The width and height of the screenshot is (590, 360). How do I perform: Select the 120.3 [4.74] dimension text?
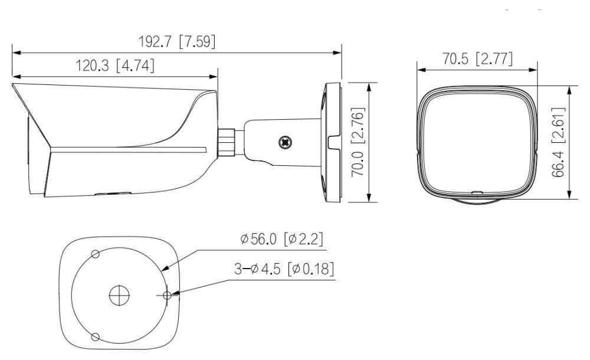tap(115, 66)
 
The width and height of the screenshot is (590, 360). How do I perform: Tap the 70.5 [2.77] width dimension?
tap(477, 58)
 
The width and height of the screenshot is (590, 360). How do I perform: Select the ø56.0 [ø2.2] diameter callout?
tap(281, 239)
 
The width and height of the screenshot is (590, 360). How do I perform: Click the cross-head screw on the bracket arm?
tap(285, 142)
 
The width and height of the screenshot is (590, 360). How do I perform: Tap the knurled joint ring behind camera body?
tap(226, 142)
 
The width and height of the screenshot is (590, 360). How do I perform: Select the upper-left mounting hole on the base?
tap(94, 254)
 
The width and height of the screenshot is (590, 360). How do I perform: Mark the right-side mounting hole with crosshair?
tap(166, 294)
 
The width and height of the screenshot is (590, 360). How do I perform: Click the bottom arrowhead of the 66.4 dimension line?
tap(569, 199)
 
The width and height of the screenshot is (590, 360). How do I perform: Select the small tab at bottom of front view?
tap(477, 192)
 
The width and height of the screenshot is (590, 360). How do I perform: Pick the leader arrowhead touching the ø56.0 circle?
tap(164, 270)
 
